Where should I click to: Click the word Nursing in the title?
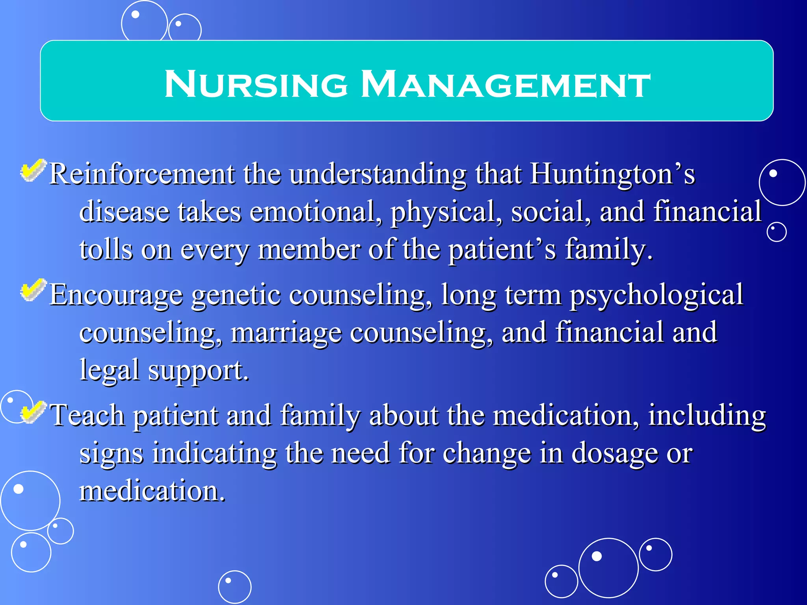coord(256,84)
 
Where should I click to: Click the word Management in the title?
coord(506,84)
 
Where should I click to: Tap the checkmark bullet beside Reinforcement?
coord(33,171)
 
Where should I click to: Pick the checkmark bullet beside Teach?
coord(33,412)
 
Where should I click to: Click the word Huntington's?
coord(612,174)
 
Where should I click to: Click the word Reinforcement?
coord(142,174)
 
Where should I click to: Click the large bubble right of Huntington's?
coord(782,182)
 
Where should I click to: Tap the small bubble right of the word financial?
coord(777,232)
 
